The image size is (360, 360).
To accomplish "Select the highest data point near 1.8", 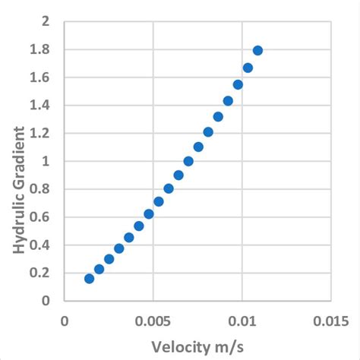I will (257, 50).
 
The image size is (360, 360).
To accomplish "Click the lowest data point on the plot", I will (89, 279).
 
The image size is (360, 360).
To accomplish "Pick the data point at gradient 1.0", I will (188, 161).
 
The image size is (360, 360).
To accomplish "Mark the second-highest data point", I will (248, 68).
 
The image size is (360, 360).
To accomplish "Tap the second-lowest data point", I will (99, 269).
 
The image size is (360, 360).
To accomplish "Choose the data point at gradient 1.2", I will (208, 132).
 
